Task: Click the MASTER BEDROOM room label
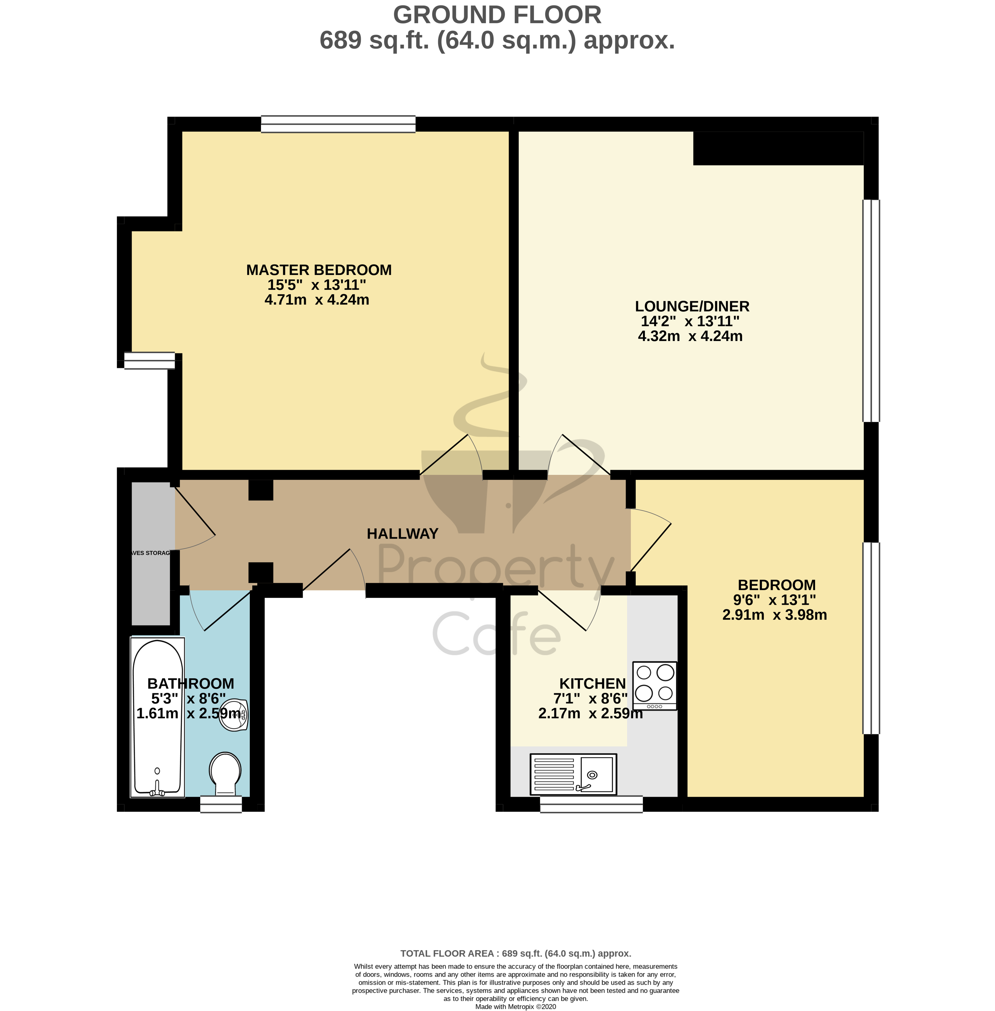319,270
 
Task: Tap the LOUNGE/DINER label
692,306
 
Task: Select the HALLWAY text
402,534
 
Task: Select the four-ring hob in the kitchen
654,685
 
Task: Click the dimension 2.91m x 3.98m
774,615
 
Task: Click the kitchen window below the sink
591,804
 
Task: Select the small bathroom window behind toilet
221,804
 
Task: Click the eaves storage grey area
151,553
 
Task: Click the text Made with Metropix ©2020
515,1007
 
